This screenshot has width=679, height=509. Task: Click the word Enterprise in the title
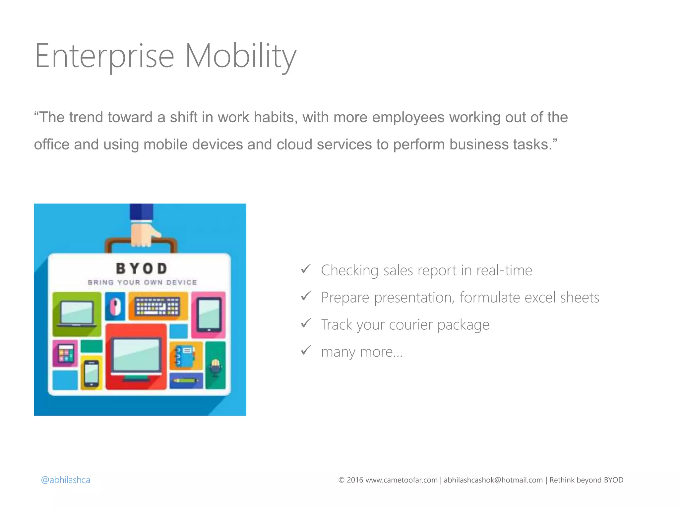tap(104, 56)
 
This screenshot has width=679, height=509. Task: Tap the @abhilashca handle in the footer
tap(65, 480)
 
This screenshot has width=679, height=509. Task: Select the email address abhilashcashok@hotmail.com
tap(493, 480)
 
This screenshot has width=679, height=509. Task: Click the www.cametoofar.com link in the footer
tap(401, 480)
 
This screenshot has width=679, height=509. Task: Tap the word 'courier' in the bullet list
tap(410, 325)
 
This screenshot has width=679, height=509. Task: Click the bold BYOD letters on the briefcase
tap(142, 269)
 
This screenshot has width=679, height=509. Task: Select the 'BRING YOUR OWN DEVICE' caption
tap(142, 283)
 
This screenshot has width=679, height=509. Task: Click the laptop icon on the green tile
tap(77, 313)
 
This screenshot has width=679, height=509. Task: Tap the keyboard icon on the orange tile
tap(158, 306)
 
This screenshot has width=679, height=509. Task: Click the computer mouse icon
tap(115, 307)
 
